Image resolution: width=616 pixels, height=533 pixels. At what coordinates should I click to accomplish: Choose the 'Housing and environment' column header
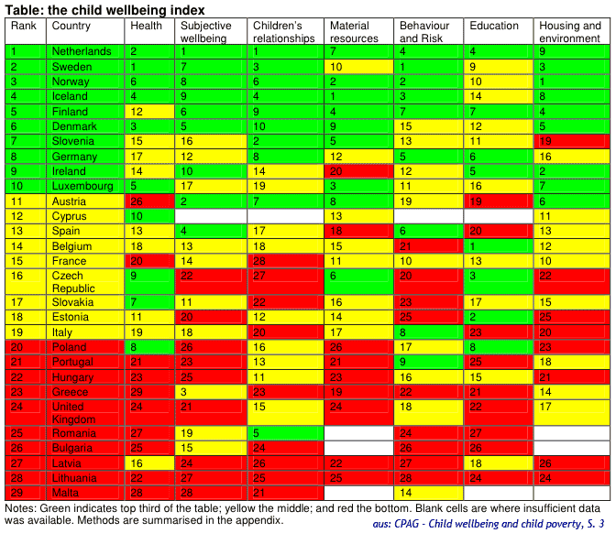pyautogui.click(x=571, y=32)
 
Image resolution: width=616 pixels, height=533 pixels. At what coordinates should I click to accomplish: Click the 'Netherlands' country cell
pyautogui.click(x=82, y=51)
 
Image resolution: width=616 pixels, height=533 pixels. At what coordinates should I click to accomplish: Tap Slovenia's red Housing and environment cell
pyautogui.click(x=571, y=141)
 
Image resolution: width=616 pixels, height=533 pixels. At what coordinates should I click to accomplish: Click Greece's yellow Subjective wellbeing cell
pyautogui.click(x=210, y=392)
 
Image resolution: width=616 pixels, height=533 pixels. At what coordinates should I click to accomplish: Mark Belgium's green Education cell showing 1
pyautogui.click(x=499, y=246)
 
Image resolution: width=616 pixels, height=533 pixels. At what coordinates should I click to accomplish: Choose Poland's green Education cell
pyautogui.click(x=499, y=347)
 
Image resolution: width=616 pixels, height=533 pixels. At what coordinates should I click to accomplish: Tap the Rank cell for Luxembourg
pyautogui.click(x=25, y=186)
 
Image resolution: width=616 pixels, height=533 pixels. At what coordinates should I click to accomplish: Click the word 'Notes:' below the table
pyautogui.click(x=22, y=507)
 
